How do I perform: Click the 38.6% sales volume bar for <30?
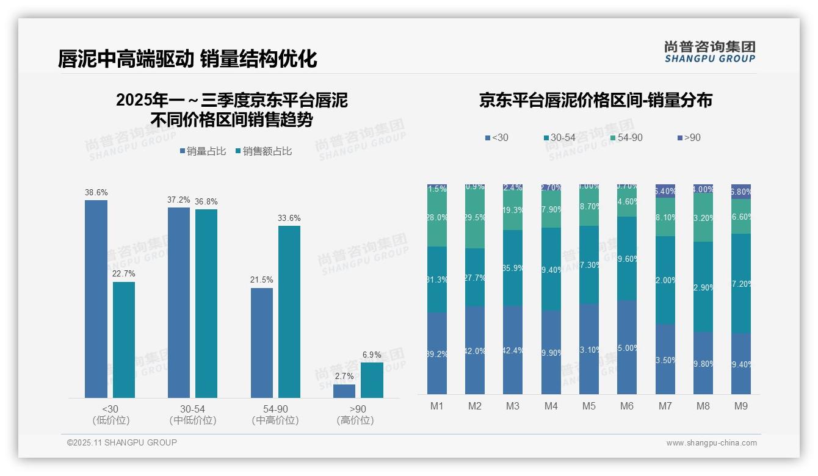pyautogui.click(x=96, y=299)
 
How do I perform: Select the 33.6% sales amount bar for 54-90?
pyautogui.click(x=289, y=312)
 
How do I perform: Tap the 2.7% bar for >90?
pyautogui.click(x=344, y=391)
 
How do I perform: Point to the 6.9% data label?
pyautogui.click(x=372, y=355)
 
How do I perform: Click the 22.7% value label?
pyautogui.click(x=124, y=273)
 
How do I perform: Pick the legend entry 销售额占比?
pyautogui.click(x=263, y=151)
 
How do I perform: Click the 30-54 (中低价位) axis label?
pyautogui.click(x=192, y=414)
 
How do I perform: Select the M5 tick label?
pyautogui.click(x=589, y=406)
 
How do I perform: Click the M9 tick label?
pyautogui.click(x=741, y=406)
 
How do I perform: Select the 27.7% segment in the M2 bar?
pyautogui.click(x=475, y=277)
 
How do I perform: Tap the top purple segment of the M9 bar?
pyautogui.click(x=741, y=192)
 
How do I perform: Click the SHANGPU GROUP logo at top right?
pyautogui.click(x=709, y=52)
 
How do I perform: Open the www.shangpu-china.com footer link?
pyautogui.click(x=711, y=443)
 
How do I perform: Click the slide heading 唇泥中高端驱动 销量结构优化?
pyautogui.click(x=187, y=59)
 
